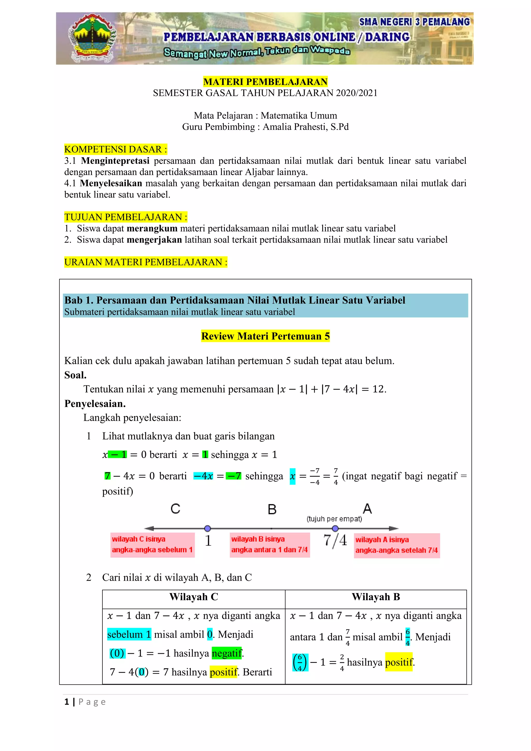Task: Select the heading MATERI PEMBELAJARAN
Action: [x=265, y=82]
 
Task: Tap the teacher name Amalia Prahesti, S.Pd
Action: [x=306, y=127]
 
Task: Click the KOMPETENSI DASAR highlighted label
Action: [x=115, y=150]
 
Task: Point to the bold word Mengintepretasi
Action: [x=115, y=161]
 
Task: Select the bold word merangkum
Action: [x=152, y=228]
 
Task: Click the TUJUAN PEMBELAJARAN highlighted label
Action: [x=126, y=217]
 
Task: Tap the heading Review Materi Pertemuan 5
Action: [x=265, y=336]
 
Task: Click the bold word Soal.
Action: [x=75, y=375]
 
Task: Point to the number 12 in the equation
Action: [x=379, y=389]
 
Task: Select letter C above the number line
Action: [x=175, y=509]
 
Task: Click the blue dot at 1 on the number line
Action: [x=207, y=528]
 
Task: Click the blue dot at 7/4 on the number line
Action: [x=335, y=528]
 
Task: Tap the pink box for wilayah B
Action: [x=270, y=545]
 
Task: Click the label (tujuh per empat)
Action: [x=334, y=519]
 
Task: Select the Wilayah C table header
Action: [x=193, y=597]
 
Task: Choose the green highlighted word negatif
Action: [x=227, y=653]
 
